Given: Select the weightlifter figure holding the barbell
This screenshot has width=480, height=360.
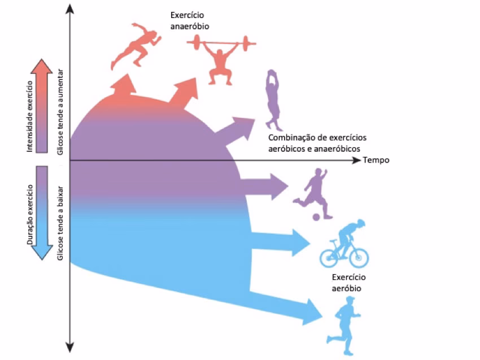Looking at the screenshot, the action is tap(221, 60).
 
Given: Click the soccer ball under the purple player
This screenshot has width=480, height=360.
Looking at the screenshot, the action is tap(316, 217).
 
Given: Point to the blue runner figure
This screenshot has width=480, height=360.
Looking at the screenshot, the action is tap(344, 326).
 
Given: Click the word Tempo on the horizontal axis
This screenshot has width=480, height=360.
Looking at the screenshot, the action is tap(376, 160).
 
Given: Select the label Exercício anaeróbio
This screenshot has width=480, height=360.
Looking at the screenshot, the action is tap(190, 20).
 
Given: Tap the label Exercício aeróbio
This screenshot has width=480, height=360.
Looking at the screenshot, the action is tap(348, 283).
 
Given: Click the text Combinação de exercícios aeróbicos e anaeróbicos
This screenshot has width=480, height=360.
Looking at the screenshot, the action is tap(317, 143).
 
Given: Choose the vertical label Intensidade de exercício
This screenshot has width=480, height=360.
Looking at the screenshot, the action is tap(30, 116).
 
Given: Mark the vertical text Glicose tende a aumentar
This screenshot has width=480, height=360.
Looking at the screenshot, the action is tap(60, 112).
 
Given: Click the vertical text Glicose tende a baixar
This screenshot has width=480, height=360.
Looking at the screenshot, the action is tap(60, 223).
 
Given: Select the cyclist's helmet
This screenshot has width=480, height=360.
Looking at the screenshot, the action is tap(361, 222).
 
